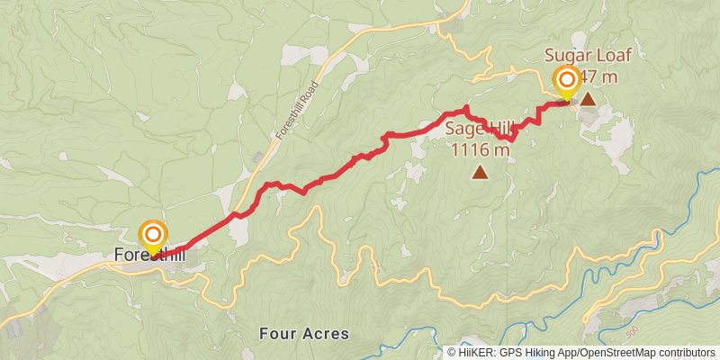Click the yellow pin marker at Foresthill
pos(152,236)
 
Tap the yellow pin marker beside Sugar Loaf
pos(567,83)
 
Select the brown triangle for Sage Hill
pos(481,172)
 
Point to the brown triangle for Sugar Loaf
pos(588,98)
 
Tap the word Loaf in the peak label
pos(613,55)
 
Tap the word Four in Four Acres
pos(275,334)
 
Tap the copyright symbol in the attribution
pos(452,353)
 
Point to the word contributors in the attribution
pos(684,353)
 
